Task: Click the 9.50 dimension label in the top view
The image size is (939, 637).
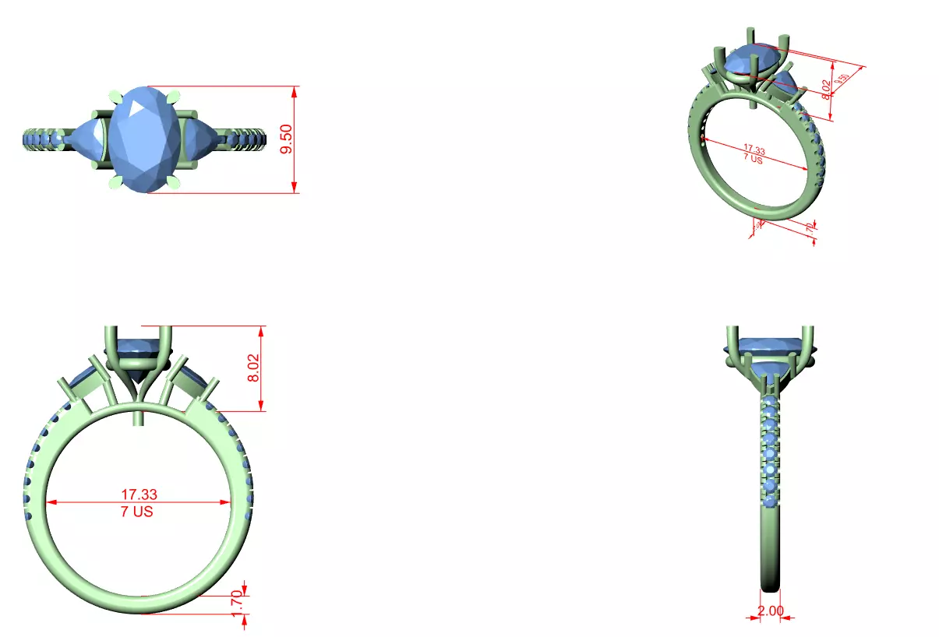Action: coord(287,139)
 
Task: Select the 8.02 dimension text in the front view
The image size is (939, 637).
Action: coord(253,368)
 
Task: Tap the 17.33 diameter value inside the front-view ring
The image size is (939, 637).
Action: coord(139,494)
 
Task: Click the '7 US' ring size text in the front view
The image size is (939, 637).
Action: coord(137,512)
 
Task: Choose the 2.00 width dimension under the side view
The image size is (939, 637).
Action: coord(770,611)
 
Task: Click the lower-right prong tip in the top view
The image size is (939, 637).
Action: coord(174,185)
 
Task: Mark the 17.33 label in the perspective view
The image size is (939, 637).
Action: coord(754,148)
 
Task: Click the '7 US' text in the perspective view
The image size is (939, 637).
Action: coord(752,158)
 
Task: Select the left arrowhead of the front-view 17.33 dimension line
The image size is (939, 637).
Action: coord(51,502)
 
